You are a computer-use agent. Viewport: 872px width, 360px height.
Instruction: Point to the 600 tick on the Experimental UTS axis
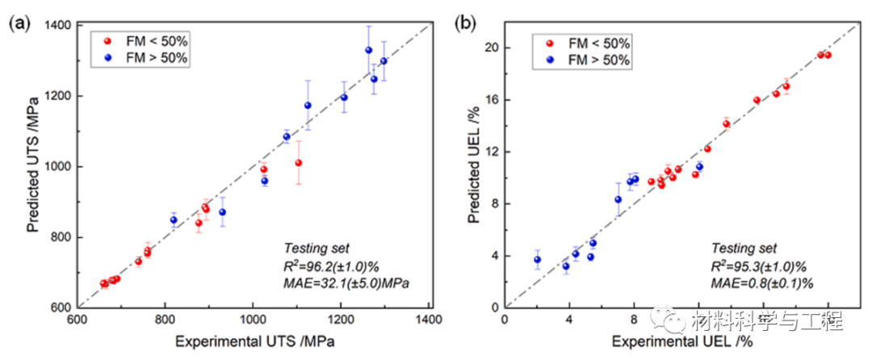click(x=77, y=320)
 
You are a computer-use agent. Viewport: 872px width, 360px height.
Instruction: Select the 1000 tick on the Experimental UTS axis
click(x=253, y=320)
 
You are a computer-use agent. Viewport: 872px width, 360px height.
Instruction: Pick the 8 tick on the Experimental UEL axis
click(x=634, y=320)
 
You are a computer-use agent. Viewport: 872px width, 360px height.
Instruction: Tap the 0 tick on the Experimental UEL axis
click(x=505, y=320)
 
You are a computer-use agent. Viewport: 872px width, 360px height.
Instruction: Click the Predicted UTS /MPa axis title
click(x=32, y=166)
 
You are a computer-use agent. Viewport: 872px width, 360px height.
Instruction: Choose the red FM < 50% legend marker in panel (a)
click(x=106, y=40)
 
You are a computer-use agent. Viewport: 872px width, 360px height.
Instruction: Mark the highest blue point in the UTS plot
click(x=369, y=50)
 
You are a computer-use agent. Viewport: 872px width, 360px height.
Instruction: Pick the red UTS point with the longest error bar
click(x=299, y=162)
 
